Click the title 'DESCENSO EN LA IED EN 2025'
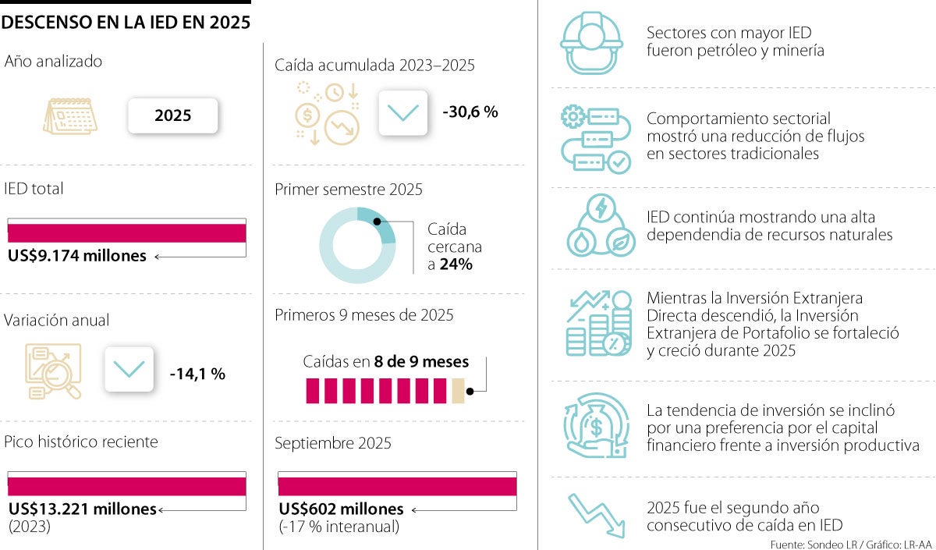coord(126,23)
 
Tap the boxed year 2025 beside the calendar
coord(172,116)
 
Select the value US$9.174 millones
coord(77,256)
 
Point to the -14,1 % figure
coord(197,374)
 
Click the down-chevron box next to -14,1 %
coord(129,369)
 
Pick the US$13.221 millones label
coord(83,509)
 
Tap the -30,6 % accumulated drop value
coord(470,112)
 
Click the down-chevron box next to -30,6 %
coord(402,113)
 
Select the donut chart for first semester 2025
coord(358,245)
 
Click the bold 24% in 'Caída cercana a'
coord(456,264)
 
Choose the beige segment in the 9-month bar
coord(459,391)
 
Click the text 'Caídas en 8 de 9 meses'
coord(386,362)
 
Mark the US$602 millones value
coord(342,509)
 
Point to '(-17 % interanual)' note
coord(339,527)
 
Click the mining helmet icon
coord(591,44)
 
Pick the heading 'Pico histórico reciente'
coord(81,442)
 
